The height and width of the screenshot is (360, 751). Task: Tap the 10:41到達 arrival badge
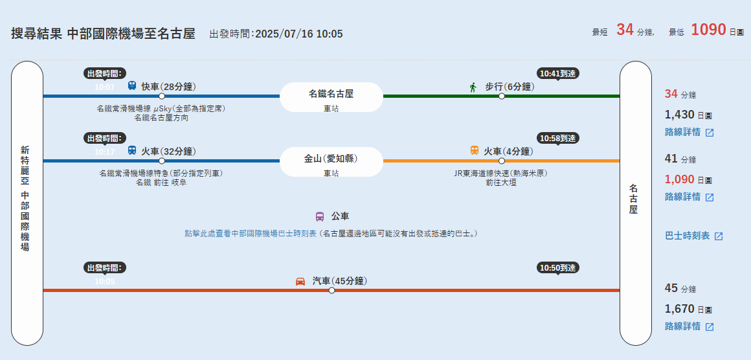pyautogui.click(x=558, y=74)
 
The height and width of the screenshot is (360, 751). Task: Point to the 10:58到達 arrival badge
pyautogui.click(x=558, y=139)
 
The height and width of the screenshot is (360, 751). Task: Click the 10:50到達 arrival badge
pyautogui.click(x=558, y=268)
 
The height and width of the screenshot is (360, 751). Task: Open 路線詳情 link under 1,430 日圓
pyautogui.click(x=689, y=132)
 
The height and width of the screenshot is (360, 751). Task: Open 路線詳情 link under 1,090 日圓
pyautogui.click(x=689, y=197)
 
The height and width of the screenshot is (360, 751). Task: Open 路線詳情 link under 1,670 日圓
pyautogui.click(x=689, y=326)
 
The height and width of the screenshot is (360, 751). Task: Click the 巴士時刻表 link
pyautogui.click(x=693, y=236)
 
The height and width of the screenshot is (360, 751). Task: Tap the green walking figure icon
pyautogui.click(x=473, y=87)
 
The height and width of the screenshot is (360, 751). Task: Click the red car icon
pyautogui.click(x=300, y=281)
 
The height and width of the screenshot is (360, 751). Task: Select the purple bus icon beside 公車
pyautogui.click(x=320, y=216)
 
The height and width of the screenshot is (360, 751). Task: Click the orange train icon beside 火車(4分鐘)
pyautogui.click(x=475, y=151)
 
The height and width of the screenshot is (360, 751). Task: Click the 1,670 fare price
pyautogui.click(x=679, y=309)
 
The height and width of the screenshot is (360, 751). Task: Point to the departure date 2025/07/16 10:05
pyautogui.click(x=298, y=34)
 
